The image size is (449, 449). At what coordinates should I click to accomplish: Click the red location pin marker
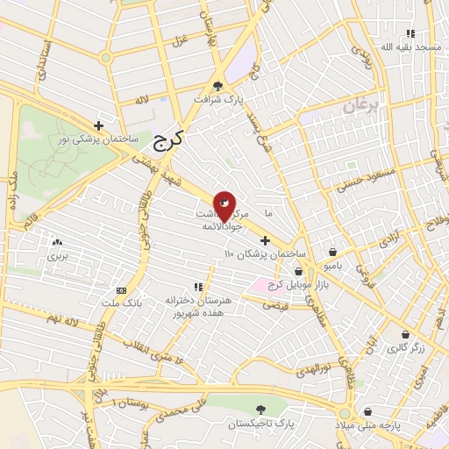click(224, 205)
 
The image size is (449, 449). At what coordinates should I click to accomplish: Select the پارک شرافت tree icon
click(217, 86)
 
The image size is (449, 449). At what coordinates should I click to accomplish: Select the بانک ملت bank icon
click(121, 290)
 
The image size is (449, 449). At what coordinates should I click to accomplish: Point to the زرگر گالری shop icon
click(405, 335)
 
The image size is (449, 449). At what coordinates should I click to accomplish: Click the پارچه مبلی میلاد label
click(387, 425)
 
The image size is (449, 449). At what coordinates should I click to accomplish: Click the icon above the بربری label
click(58, 242)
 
